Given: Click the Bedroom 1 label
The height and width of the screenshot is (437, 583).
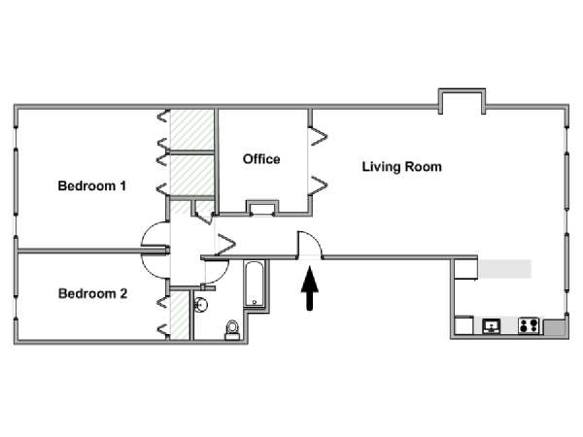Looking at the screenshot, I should [91, 185].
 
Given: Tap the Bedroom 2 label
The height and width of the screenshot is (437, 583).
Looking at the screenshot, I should [92, 293].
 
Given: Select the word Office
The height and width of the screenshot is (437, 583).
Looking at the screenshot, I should [261, 159].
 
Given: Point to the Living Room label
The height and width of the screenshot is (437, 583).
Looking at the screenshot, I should [401, 167].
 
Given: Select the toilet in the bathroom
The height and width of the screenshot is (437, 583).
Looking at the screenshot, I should [232, 328].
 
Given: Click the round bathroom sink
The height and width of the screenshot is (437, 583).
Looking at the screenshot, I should [202, 304].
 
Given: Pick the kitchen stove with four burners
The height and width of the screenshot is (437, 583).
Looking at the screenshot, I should [529, 326].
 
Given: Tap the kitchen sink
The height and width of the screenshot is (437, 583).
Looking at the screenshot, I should [492, 326].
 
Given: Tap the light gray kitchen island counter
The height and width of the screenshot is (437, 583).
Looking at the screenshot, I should [504, 268].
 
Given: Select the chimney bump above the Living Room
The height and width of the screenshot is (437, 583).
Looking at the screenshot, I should [460, 100].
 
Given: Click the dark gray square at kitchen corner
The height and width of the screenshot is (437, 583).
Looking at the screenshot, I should [555, 328].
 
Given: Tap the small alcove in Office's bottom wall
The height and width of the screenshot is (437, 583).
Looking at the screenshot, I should [261, 207].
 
